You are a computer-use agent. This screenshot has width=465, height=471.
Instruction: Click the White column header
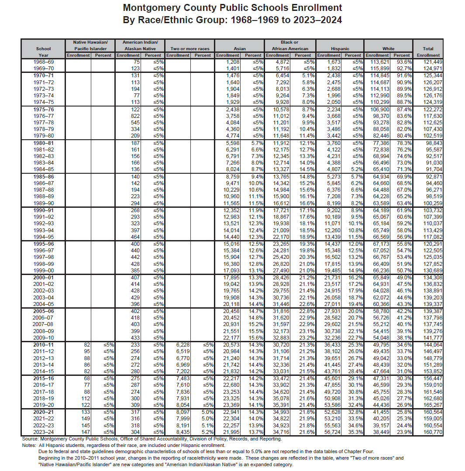pyautogui.click(x=388, y=49)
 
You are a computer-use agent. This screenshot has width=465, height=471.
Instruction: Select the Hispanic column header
pyautogui.click(x=340, y=49)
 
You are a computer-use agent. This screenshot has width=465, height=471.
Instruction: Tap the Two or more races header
pyautogui.click(x=189, y=49)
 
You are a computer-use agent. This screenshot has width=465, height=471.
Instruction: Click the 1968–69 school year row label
pyautogui.click(x=44, y=62)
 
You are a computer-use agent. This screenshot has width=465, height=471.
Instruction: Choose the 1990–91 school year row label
pyautogui.click(x=44, y=210)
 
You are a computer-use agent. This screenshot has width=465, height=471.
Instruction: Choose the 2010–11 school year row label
pyautogui.click(x=44, y=344)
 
